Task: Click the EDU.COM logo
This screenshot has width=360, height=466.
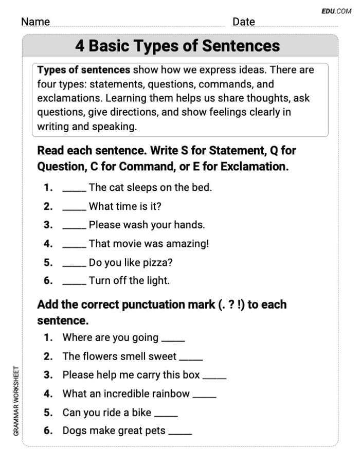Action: [x=336, y=11]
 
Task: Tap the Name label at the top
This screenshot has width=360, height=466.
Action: [x=35, y=22]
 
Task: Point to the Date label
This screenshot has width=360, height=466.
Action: [x=243, y=22]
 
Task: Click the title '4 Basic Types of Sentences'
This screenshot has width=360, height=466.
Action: [x=177, y=46]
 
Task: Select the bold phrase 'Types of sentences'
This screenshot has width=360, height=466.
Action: [x=84, y=70]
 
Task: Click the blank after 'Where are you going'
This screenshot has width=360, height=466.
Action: [x=173, y=339]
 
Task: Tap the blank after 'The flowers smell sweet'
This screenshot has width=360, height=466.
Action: [x=191, y=358]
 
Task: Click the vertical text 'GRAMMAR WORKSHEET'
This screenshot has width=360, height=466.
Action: [x=16, y=401]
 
